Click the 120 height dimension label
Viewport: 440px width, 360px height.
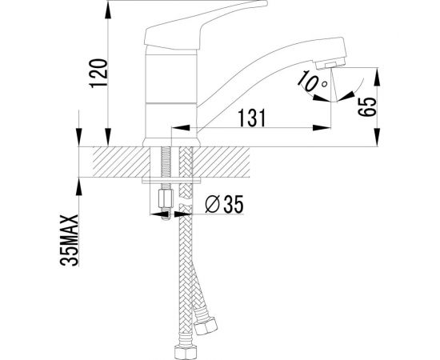[98, 74]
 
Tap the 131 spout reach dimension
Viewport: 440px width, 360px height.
[252, 118]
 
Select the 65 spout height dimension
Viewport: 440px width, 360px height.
[367, 106]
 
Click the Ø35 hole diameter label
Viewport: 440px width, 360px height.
[224, 204]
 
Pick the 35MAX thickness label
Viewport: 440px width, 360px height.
[70, 240]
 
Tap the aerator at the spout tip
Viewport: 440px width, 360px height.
[330, 63]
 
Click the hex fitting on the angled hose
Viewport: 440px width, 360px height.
[206, 326]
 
